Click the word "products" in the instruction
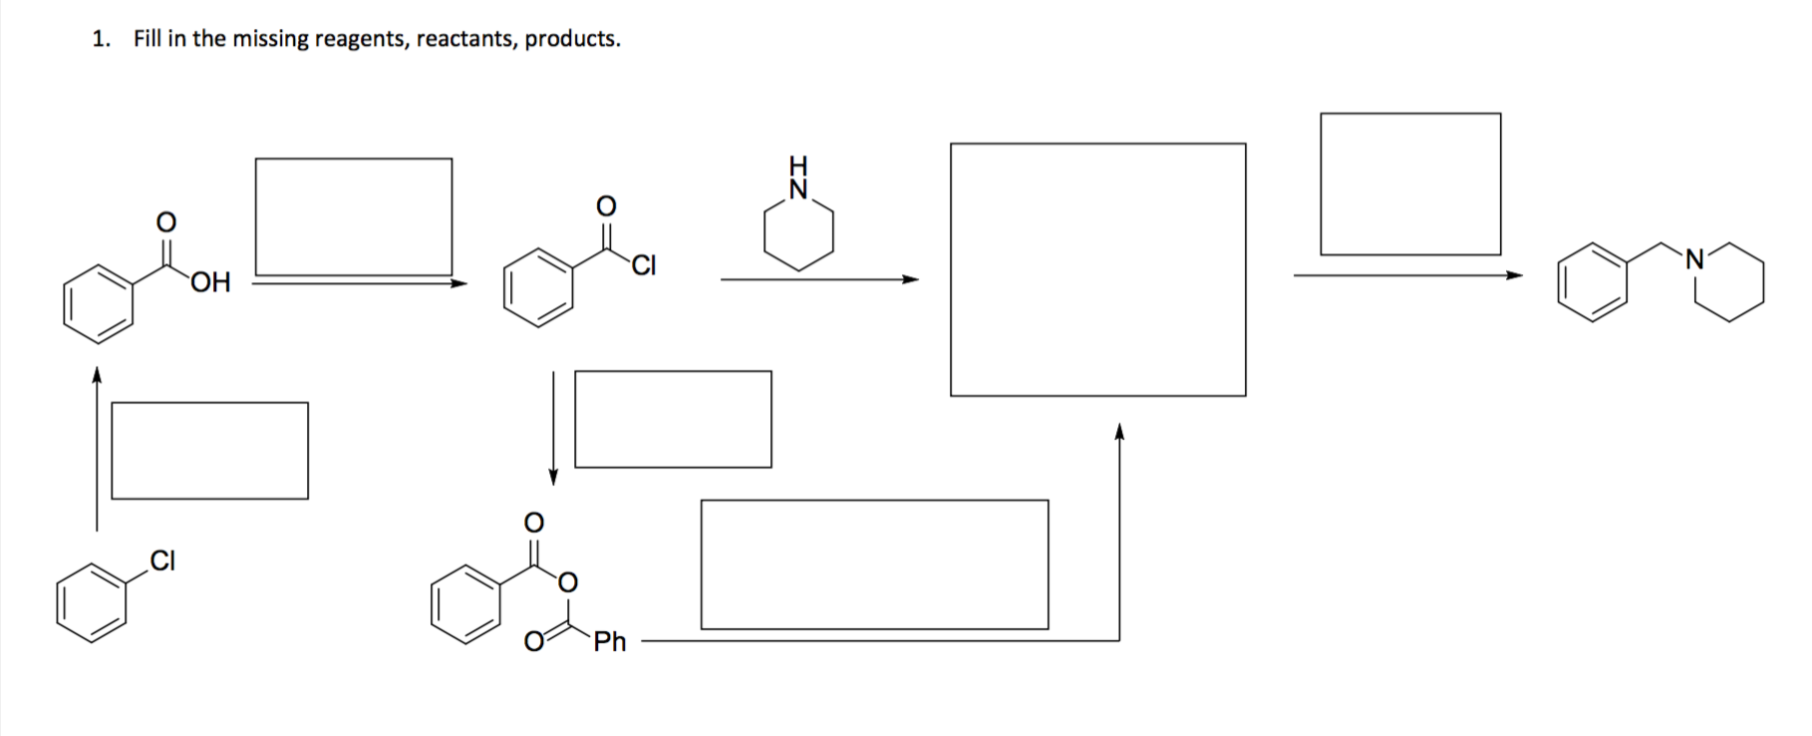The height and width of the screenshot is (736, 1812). tap(571, 40)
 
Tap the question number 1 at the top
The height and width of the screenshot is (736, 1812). tap(99, 39)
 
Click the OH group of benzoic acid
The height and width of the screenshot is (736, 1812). tap(209, 283)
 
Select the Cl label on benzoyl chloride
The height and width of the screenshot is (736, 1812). tap(644, 266)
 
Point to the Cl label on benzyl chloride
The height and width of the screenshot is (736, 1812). tap(162, 561)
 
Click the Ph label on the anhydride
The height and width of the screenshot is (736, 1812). tap(610, 641)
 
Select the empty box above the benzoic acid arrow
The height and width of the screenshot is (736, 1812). tap(354, 215)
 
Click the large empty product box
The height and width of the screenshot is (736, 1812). tap(1097, 269)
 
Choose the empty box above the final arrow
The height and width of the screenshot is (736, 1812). tap(1410, 184)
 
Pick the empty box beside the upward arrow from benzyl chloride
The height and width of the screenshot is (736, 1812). tap(209, 450)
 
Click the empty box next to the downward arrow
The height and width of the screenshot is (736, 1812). tap(673, 419)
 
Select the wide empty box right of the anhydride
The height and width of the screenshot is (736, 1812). tap(874, 564)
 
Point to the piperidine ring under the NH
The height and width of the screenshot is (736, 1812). tap(798, 235)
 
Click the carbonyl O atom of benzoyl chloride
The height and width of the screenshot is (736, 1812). tap(606, 205)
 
